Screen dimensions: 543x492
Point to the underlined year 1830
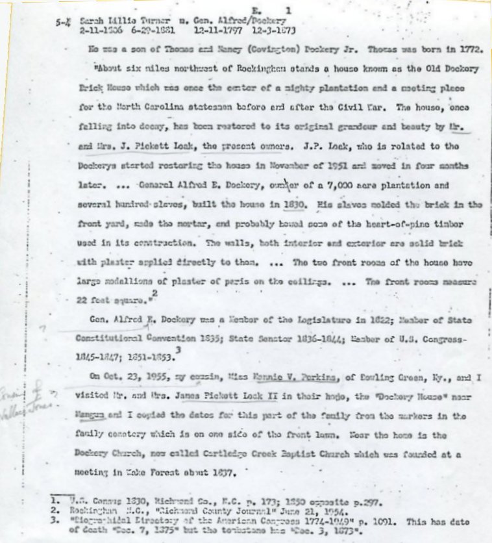coord(293,204)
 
